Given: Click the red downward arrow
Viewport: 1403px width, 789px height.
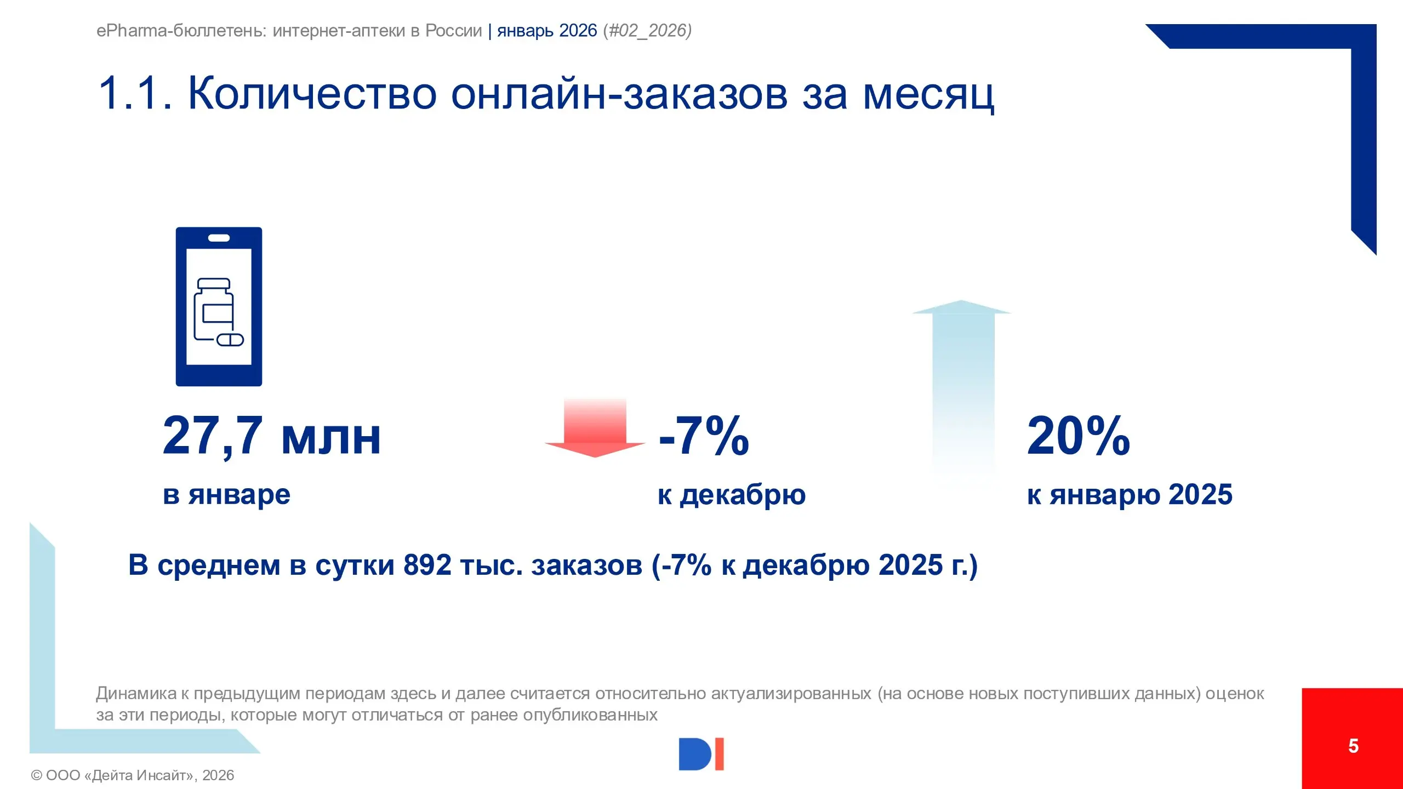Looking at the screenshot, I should (x=595, y=430).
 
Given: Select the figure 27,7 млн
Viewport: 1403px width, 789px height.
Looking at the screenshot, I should (x=271, y=436).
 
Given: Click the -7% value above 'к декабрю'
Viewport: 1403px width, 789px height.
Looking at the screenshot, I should (x=704, y=436).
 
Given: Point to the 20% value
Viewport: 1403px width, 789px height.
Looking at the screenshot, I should (x=1078, y=436).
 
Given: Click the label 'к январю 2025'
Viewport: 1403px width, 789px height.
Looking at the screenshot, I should (x=1130, y=495).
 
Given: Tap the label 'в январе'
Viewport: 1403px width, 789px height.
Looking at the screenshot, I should (x=226, y=495).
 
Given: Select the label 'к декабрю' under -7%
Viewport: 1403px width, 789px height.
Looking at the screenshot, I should (x=732, y=495).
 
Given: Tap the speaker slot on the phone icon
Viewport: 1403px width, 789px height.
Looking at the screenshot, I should (x=219, y=238).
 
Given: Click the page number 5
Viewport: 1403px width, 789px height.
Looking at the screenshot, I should (x=1353, y=746).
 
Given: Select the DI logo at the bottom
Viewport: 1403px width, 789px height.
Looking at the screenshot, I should (x=701, y=754).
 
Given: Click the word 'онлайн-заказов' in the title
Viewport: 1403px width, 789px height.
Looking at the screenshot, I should (x=620, y=94).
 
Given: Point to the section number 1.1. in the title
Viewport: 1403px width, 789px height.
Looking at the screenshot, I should (x=135, y=94).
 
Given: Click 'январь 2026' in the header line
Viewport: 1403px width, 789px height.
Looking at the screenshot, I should (x=547, y=31).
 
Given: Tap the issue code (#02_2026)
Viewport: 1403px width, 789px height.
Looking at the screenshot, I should (x=647, y=31).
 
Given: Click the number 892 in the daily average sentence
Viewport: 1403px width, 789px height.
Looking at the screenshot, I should (x=427, y=565).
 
